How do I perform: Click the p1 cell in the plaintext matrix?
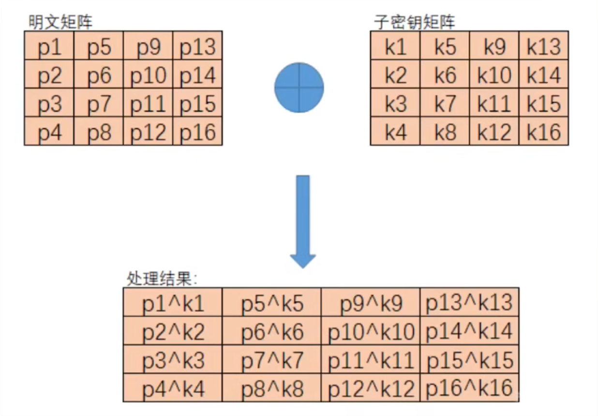pos(49,47)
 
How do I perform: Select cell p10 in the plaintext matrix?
pos(148,76)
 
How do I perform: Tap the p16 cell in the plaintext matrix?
pos(197,132)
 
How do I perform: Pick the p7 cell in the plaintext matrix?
pos(99,104)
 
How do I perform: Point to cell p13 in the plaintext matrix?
pos(197,47)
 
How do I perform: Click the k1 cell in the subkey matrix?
pos(396,47)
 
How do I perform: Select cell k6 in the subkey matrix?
pos(445,76)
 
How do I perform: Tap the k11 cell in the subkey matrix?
pos(494,104)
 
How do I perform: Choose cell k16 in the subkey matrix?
pos(544,132)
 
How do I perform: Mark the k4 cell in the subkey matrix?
pos(396,132)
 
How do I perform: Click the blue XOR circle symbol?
pos(299,88)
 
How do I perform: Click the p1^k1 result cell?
pos(173,303)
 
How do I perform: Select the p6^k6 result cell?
pos(272,331)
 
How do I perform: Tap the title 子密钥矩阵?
pos(415,22)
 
